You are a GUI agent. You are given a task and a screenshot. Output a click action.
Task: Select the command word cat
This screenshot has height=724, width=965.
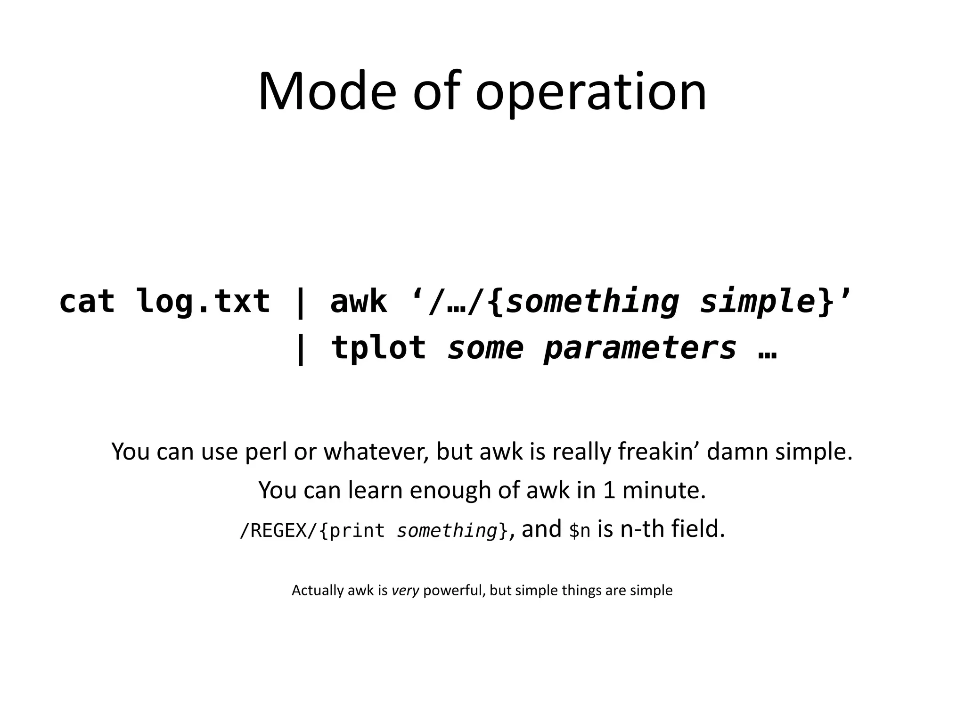tap(87, 301)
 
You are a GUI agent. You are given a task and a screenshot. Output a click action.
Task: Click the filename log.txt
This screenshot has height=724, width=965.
tap(203, 301)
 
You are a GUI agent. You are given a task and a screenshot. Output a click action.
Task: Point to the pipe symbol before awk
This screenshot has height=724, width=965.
tap(300, 302)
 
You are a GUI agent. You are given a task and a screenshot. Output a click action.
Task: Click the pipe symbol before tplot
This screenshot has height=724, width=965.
tap(300, 349)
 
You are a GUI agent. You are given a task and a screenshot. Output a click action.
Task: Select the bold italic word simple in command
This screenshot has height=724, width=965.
tap(758, 301)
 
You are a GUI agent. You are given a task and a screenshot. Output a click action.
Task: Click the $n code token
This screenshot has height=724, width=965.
tap(580, 531)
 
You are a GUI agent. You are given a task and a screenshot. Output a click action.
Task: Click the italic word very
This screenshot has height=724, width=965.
tap(405, 590)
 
